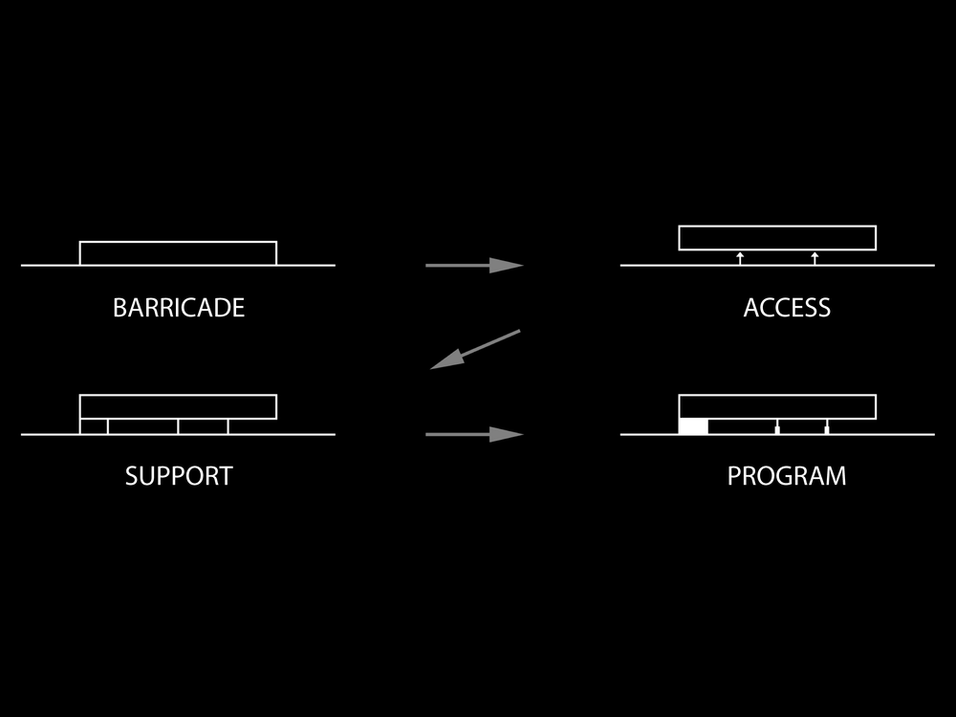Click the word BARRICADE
pyautogui.click(x=179, y=308)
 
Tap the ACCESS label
pyautogui.click(x=787, y=308)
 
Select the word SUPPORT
pyautogui.click(x=179, y=476)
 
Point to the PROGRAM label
pyautogui.click(x=787, y=476)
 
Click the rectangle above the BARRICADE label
pyautogui.click(x=178, y=253)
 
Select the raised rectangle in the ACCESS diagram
pyautogui.click(x=777, y=238)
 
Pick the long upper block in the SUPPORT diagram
pyautogui.click(x=178, y=406)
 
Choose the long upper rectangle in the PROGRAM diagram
pyautogui.click(x=777, y=406)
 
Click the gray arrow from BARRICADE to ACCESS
pyautogui.click(x=474, y=265)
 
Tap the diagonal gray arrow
pyautogui.click(x=475, y=349)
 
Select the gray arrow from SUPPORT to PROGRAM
pyautogui.click(x=474, y=434)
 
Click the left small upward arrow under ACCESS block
pyautogui.click(x=740, y=257)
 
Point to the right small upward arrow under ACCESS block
pyautogui.click(x=815, y=257)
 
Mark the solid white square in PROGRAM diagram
pyautogui.click(x=693, y=426)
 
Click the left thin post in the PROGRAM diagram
pyautogui.click(x=777, y=426)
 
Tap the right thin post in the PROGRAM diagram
pyautogui.click(x=827, y=426)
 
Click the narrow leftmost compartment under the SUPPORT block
pyautogui.click(x=94, y=426)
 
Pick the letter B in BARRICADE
pyautogui.click(x=119, y=308)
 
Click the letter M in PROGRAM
pyautogui.click(x=834, y=476)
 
